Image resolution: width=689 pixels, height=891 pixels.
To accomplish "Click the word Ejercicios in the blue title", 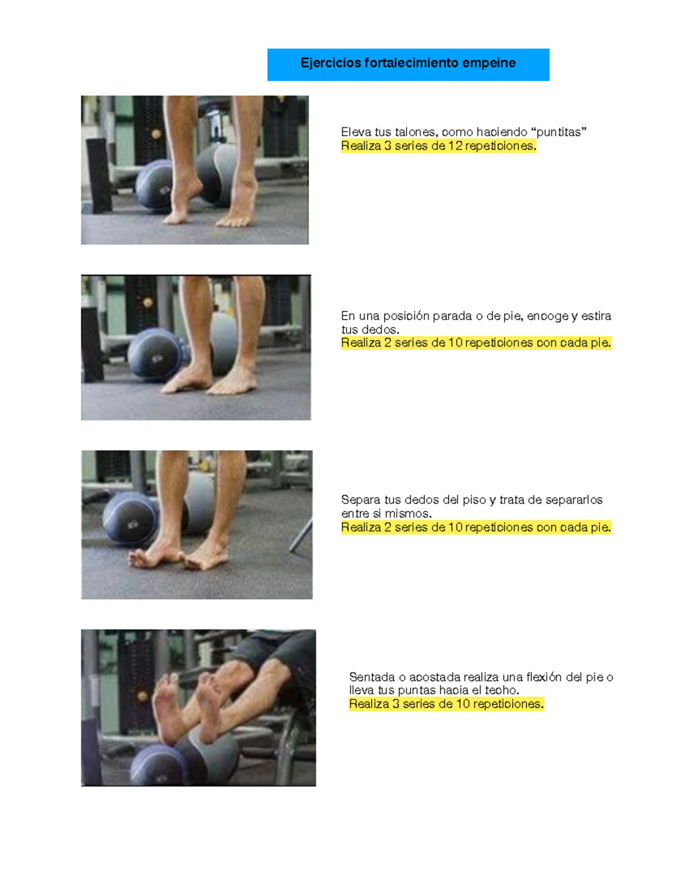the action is coord(331,63).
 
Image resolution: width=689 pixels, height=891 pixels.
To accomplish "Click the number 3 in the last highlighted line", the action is coord(396,705).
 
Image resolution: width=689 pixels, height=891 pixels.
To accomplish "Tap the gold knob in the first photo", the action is coord(156,134).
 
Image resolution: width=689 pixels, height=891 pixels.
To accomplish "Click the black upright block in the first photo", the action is coord(99,176).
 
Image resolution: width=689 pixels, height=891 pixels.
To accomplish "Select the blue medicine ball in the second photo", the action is coord(154,355).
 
